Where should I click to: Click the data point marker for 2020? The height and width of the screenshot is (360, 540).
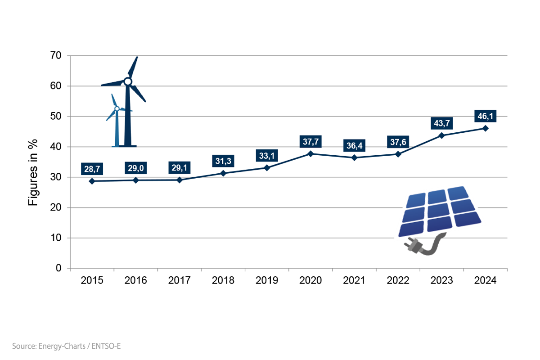click(x=310, y=153)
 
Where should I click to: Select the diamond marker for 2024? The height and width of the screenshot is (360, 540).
click(x=486, y=128)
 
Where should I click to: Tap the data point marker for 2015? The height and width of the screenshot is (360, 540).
click(x=92, y=181)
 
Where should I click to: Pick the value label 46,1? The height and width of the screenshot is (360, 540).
click(x=486, y=117)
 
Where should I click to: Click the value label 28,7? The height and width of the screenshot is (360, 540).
click(x=92, y=169)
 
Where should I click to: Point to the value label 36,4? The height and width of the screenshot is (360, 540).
click(x=354, y=146)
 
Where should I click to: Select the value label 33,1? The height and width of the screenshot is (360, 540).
click(x=267, y=156)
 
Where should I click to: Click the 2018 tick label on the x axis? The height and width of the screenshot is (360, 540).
click(x=223, y=280)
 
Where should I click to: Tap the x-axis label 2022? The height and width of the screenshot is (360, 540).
click(x=398, y=280)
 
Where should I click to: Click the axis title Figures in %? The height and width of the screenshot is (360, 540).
click(x=33, y=173)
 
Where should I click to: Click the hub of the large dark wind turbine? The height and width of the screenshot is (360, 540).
click(x=128, y=81)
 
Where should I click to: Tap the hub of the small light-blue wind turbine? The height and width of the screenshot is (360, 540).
click(x=117, y=108)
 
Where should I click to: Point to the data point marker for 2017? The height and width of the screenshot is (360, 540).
click(x=180, y=180)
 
